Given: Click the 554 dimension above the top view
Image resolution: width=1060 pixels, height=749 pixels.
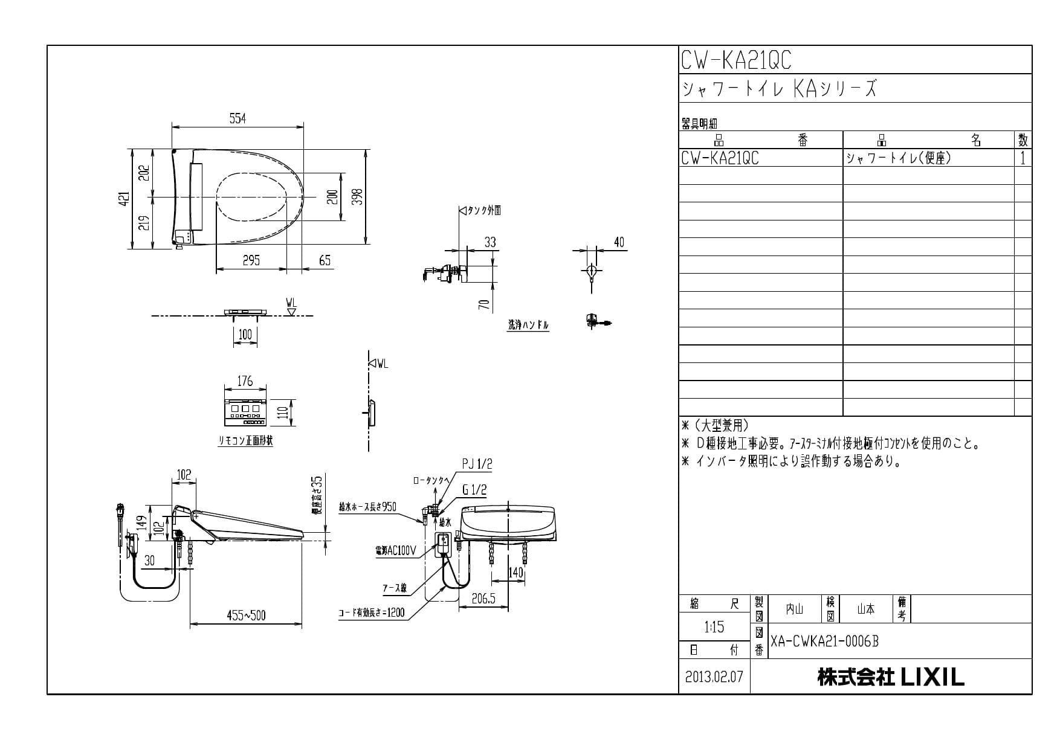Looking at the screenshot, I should pyautogui.click(x=238, y=119).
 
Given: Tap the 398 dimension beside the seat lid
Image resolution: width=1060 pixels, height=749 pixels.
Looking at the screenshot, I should pyautogui.click(x=357, y=197).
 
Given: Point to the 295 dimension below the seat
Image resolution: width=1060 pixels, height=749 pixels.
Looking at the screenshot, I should pyautogui.click(x=251, y=260).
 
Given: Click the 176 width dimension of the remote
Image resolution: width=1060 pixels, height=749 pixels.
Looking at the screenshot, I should pyautogui.click(x=245, y=381).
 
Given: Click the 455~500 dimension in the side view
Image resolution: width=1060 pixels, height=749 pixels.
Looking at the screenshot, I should pyautogui.click(x=246, y=616).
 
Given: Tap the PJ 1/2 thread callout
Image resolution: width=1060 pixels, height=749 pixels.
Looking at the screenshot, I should pyautogui.click(x=477, y=464).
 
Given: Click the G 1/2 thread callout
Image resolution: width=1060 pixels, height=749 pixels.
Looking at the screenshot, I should pyautogui.click(x=474, y=490).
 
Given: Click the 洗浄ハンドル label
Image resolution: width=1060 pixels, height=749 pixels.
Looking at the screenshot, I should pyautogui.click(x=528, y=325).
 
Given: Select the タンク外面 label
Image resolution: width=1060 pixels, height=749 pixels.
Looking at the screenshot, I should pyautogui.click(x=484, y=210).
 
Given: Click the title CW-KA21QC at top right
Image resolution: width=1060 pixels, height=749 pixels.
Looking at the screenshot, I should pyautogui.click(x=735, y=60).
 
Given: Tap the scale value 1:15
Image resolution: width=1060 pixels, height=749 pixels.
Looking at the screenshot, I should pyautogui.click(x=714, y=627).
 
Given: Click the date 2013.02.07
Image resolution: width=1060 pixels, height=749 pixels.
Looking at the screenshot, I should pyautogui.click(x=714, y=677).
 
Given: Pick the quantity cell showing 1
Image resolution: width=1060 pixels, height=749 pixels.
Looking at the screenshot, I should pyautogui.click(x=1023, y=158).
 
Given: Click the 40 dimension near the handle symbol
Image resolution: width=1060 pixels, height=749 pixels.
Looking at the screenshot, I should pyautogui.click(x=619, y=242).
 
